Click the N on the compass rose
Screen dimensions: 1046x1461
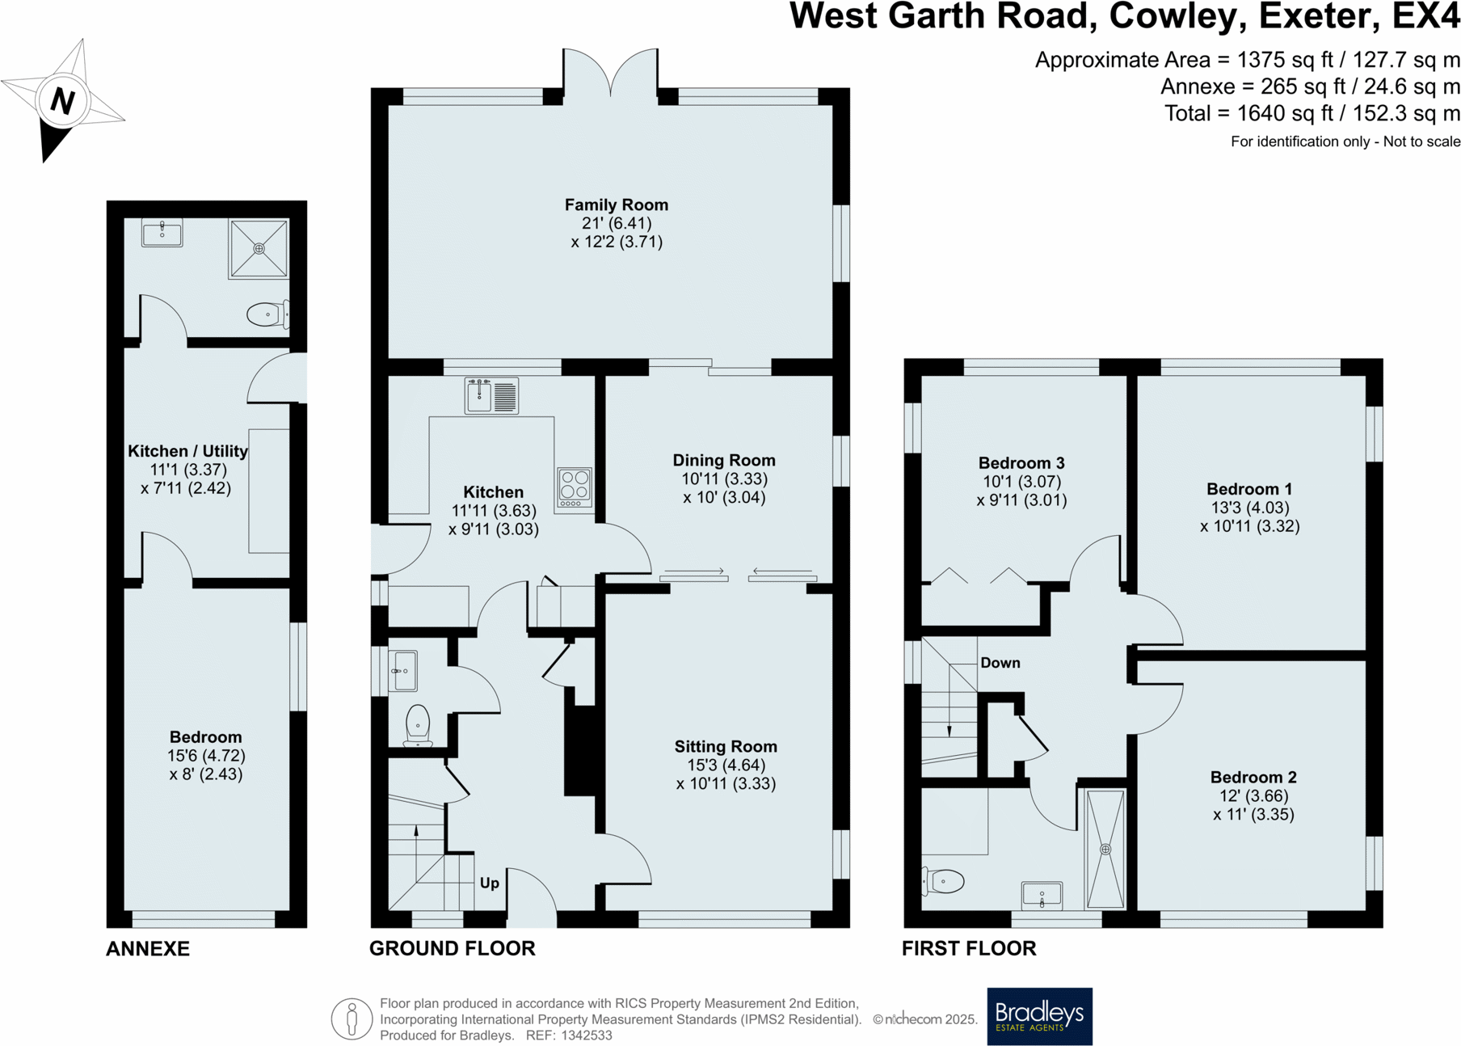point(62,101)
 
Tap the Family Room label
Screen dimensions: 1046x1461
point(616,205)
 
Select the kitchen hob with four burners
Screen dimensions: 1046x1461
point(574,487)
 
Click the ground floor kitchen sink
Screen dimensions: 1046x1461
point(491,396)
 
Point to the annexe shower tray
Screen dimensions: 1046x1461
point(259,248)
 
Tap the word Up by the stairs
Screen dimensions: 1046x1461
point(489,883)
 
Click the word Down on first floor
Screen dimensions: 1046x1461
point(1000,663)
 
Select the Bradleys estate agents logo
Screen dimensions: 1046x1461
point(1038,1016)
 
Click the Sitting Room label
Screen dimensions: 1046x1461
point(726,747)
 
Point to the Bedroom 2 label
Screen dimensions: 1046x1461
point(1253,778)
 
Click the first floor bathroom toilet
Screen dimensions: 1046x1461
point(943,881)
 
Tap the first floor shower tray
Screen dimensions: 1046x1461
point(1105,849)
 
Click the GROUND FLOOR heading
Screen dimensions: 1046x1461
point(452,948)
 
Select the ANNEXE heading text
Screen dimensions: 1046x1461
point(148,949)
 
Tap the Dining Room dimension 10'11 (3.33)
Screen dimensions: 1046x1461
point(724,479)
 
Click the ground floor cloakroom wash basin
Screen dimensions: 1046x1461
point(402,671)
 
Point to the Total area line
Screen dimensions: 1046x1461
point(1312,114)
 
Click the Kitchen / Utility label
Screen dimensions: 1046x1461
point(187,451)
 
